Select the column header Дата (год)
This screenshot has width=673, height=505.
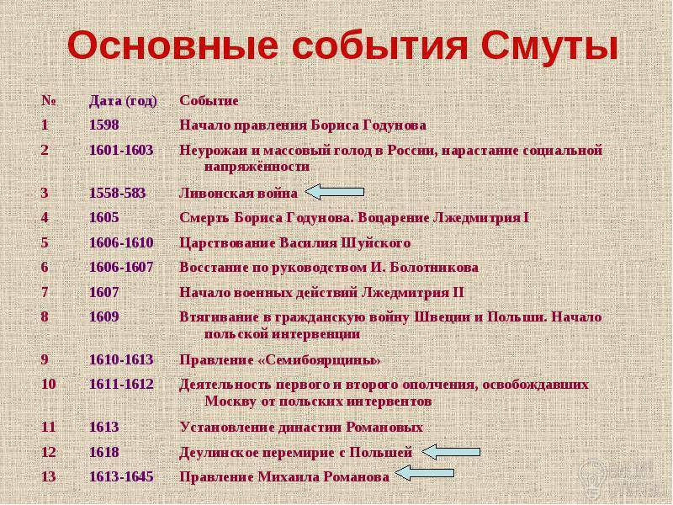pyautogui.click(x=123, y=101)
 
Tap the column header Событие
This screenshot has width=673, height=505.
pyautogui.click(x=209, y=100)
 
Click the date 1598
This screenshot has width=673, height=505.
pyautogui.click(x=104, y=125)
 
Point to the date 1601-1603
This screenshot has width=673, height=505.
pyautogui.click(x=121, y=150)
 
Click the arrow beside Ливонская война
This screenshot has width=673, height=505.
pyautogui.click(x=334, y=192)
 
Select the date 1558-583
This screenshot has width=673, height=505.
pyautogui.click(x=117, y=193)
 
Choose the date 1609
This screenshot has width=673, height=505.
pyautogui.click(x=104, y=316)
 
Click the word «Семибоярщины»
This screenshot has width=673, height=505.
pyautogui.click(x=320, y=360)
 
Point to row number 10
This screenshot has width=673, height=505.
pyautogui.click(x=49, y=384)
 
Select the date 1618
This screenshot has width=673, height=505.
pyautogui.click(x=104, y=452)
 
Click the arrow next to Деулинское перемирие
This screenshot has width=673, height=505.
pyautogui.click(x=451, y=452)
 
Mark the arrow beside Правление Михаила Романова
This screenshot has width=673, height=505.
pyautogui.click(x=424, y=473)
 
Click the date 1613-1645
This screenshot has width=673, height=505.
pyautogui.click(x=121, y=476)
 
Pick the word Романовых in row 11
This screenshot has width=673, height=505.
pyautogui.click(x=384, y=428)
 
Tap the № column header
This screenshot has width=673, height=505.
pyautogui.click(x=49, y=100)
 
